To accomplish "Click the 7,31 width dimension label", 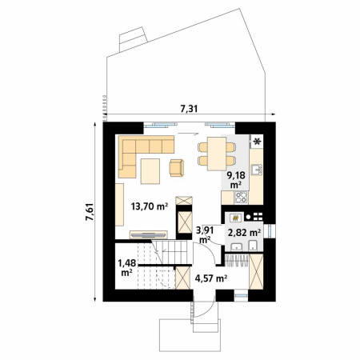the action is [189, 109].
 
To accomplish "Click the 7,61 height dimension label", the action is [90, 212].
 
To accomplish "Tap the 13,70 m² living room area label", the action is [150, 206].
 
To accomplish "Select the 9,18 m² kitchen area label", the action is [236, 180].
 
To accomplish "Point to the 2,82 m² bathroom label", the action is [244, 233].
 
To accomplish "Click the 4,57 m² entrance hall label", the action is [211, 278].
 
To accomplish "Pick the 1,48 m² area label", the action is [127, 268].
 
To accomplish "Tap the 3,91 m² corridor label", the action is [205, 234].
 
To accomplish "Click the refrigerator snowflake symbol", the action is [258, 142].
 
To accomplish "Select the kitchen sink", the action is [257, 170].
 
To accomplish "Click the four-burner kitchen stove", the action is [242, 198].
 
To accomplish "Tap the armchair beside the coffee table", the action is [177, 168].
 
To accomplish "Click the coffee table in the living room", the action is [150, 171].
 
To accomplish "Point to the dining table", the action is [217, 154].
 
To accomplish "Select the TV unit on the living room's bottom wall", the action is [149, 235].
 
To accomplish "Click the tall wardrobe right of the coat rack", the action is [256, 271].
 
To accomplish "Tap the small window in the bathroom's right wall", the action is [272, 231].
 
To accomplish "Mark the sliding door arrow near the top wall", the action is [189, 133].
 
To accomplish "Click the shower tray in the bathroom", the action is [235, 218].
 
